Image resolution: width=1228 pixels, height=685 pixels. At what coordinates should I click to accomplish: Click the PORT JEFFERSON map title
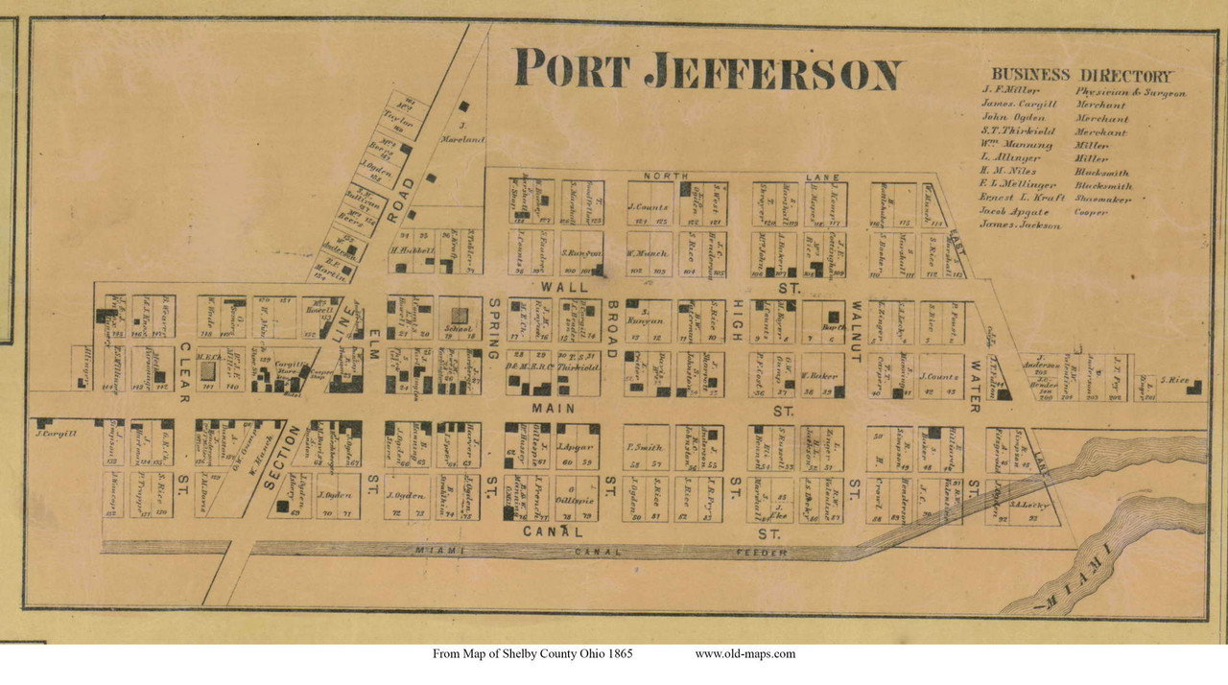point(707,70)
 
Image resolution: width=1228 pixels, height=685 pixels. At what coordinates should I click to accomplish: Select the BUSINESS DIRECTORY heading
point(1080,75)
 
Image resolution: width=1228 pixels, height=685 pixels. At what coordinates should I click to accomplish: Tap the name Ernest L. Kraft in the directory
point(1021,199)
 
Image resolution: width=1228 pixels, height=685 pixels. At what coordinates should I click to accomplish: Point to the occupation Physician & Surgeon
point(1130,93)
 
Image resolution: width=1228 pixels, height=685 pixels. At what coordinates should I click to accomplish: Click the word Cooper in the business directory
point(1092,212)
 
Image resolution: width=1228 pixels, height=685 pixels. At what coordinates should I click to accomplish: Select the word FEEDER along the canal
point(757,553)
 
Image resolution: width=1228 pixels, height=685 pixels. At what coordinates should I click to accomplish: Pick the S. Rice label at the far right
point(1179,381)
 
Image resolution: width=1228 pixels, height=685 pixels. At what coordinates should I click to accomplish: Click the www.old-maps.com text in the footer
point(744,654)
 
